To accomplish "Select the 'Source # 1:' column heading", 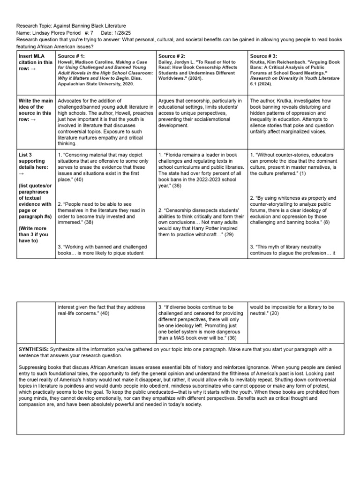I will coord(71,56).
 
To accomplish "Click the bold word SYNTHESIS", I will coord(33,349).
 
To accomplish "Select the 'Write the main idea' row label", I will coord(35,107).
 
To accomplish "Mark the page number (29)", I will coord(228,234).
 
